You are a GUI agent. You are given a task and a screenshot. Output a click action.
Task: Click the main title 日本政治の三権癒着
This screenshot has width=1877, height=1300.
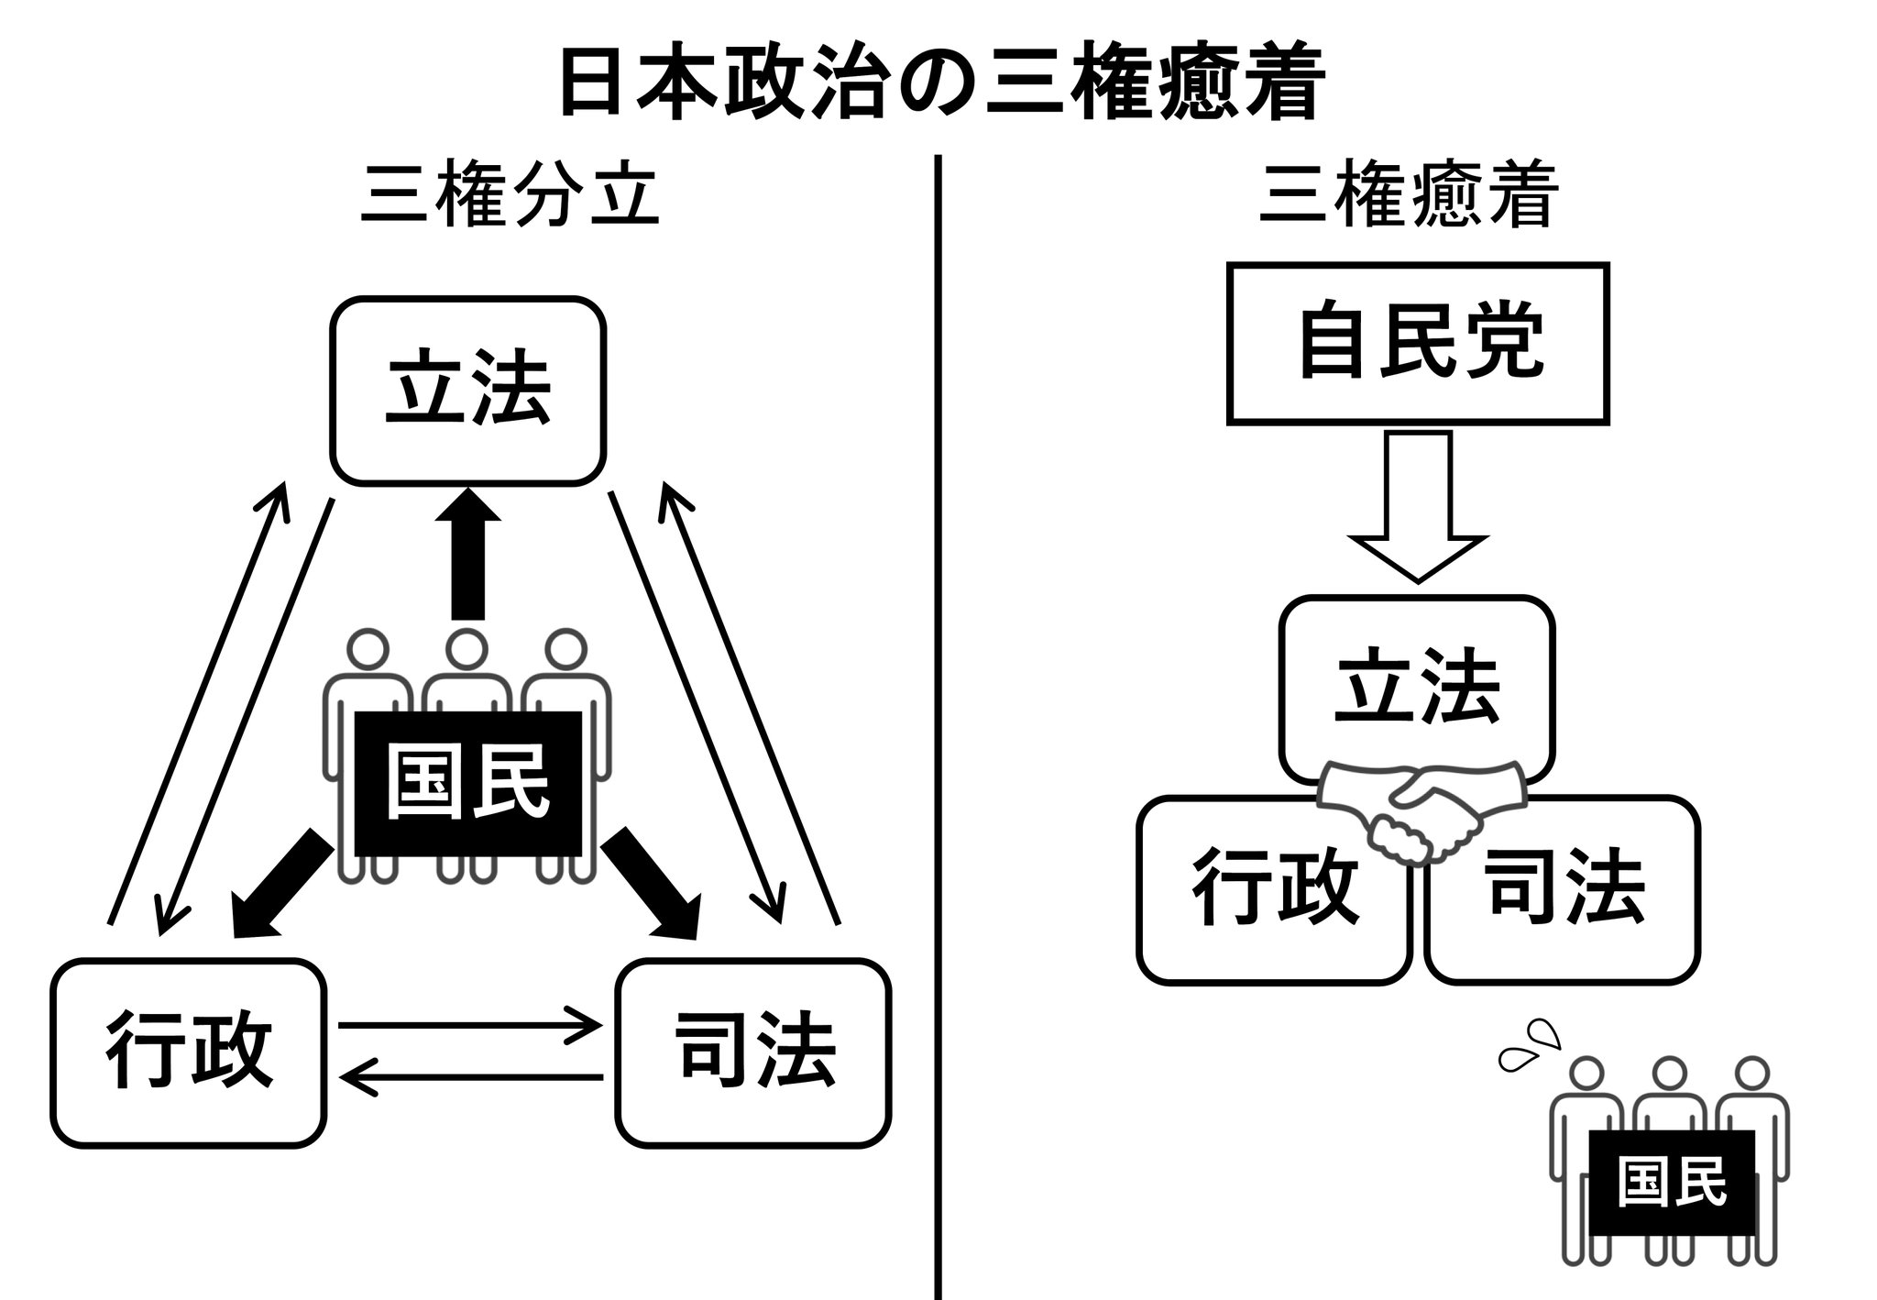(940, 84)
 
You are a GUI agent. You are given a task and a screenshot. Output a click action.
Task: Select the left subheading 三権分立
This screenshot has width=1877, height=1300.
(510, 195)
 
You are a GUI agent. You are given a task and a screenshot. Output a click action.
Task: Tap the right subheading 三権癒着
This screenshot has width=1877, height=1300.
(1408, 195)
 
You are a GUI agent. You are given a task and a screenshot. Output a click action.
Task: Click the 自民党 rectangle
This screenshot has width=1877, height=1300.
(1417, 344)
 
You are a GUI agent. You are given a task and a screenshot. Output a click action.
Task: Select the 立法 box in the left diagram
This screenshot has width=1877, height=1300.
(467, 390)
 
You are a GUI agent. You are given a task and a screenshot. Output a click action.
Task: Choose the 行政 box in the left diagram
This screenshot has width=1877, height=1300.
(189, 1052)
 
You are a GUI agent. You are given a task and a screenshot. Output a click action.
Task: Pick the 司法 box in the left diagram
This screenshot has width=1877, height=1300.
(753, 1052)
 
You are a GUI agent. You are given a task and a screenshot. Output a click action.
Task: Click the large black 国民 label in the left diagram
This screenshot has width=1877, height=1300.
(467, 784)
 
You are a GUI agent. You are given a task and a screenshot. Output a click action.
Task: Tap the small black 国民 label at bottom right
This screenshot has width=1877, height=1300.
(1671, 1183)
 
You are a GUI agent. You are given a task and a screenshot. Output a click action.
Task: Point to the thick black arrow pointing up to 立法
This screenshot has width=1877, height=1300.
(467, 555)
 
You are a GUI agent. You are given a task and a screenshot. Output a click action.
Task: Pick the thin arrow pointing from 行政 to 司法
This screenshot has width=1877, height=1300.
(467, 1025)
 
